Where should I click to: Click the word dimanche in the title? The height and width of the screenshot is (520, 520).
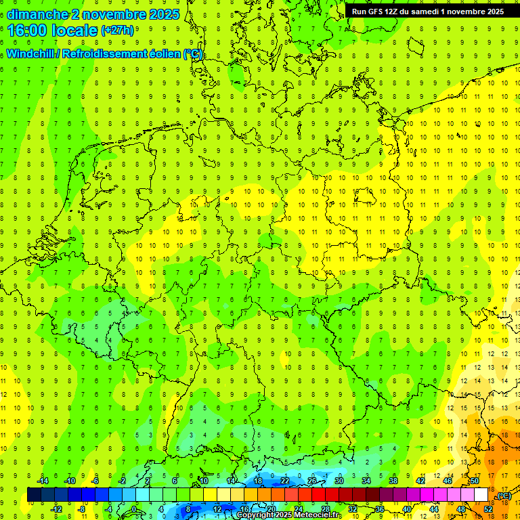point(35,14)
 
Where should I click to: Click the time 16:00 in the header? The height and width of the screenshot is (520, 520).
point(28,30)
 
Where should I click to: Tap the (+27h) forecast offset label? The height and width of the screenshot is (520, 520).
point(117,30)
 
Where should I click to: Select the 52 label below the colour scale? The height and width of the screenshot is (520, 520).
point(488,509)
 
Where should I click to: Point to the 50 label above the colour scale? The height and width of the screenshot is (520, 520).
point(474,481)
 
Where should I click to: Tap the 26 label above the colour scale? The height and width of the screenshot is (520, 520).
point(312,481)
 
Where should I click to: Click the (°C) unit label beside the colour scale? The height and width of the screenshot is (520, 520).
point(504,496)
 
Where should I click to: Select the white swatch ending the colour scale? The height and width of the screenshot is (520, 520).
point(481,495)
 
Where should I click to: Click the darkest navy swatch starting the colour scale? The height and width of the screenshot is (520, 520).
point(34,495)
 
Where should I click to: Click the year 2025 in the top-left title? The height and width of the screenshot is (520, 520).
point(164,14)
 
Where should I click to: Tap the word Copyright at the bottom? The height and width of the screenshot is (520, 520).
point(255,515)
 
